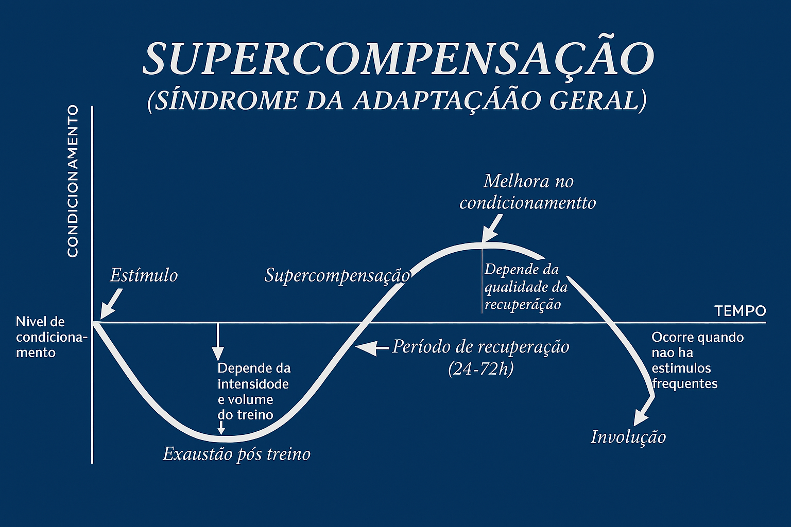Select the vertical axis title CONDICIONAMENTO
pyautogui.click(x=73, y=181)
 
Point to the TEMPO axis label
pyautogui.click(x=740, y=311)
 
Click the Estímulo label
pyautogui.click(x=144, y=275)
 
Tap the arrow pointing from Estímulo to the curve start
pyautogui.click(x=110, y=304)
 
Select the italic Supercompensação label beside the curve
pyautogui.click(x=337, y=275)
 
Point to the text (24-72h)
pyautogui.click(x=480, y=368)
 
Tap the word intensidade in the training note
pyautogui.click(x=253, y=384)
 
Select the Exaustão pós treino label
pyautogui.click(x=236, y=454)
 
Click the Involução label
pyautogui.click(x=628, y=437)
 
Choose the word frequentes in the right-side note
pyautogui.click(x=684, y=383)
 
